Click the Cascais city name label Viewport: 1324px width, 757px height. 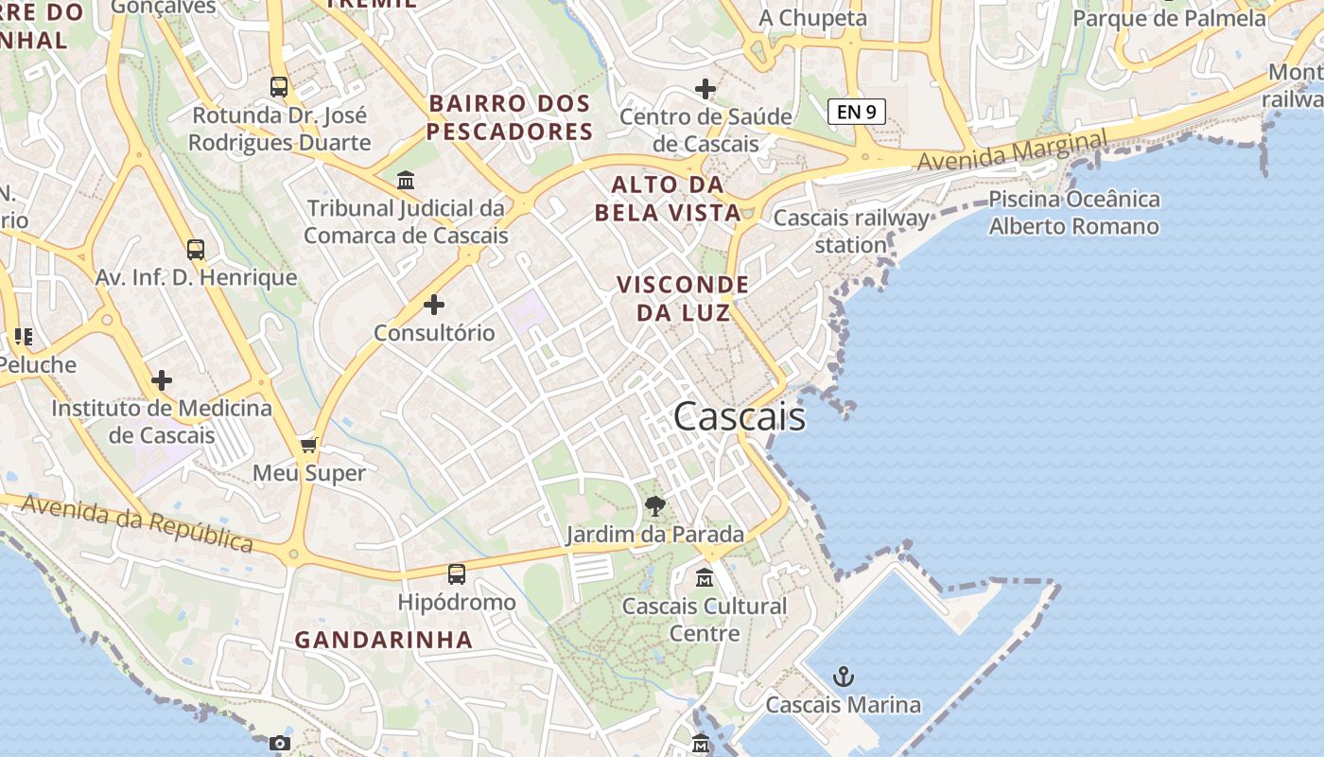pos(740,417)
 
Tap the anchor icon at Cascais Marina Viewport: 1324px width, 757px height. pos(843,677)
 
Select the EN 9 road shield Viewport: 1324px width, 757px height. pos(856,112)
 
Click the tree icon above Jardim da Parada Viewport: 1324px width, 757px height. pos(654,506)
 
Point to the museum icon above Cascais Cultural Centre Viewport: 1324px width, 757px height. pos(705,577)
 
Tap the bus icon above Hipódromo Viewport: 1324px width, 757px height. pos(457,573)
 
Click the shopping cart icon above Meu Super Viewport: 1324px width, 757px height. pos(308,445)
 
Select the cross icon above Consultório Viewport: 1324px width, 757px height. pos(434,305)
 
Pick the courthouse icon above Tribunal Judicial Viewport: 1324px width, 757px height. pos(406,180)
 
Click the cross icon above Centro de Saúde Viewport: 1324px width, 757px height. pos(706,89)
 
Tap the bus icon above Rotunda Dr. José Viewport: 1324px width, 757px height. pos(279,87)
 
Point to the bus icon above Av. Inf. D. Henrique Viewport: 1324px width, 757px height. pos(196,250)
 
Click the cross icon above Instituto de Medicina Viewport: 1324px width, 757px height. pos(162,380)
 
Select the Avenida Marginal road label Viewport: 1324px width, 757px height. pos(1011,151)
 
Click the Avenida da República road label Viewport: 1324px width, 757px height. pos(137,523)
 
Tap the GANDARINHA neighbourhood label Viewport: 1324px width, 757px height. pos(383,640)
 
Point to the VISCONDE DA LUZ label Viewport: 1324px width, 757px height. pos(683,298)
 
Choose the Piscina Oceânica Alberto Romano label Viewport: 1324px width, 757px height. pos(1074,213)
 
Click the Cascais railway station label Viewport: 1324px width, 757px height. pos(851,231)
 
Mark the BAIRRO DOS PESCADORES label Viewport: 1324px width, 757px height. pos(510,117)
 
